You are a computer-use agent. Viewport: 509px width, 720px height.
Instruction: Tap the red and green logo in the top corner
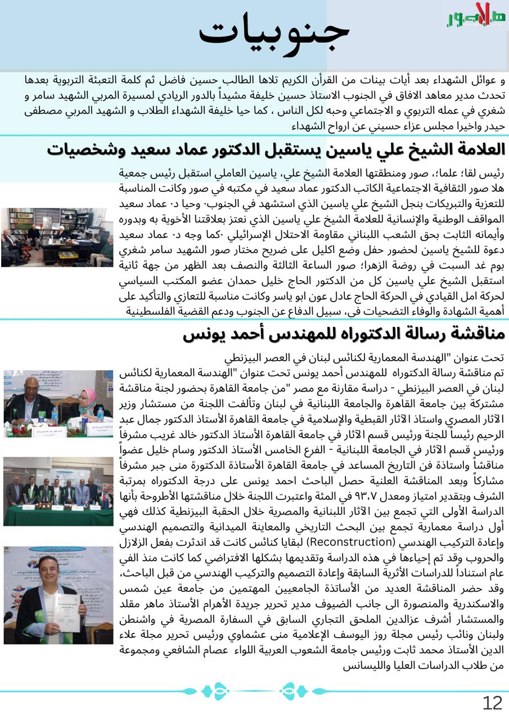pyautogui.click(x=476, y=15)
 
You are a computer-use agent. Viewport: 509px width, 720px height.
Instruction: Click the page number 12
pyautogui.click(x=492, y=703)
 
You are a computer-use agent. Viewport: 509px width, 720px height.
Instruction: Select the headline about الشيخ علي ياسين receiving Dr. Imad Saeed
pyautogui.click(x=276, y=150)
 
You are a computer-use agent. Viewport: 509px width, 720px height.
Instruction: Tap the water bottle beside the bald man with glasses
pyautogui.click(x=55, y=416)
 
